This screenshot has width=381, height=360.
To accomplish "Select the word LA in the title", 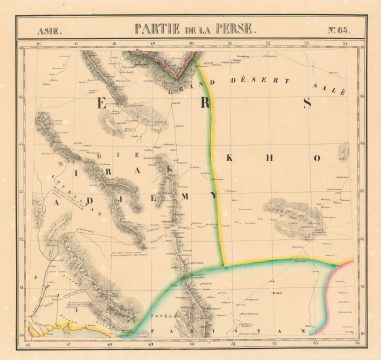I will click(204, 30).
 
